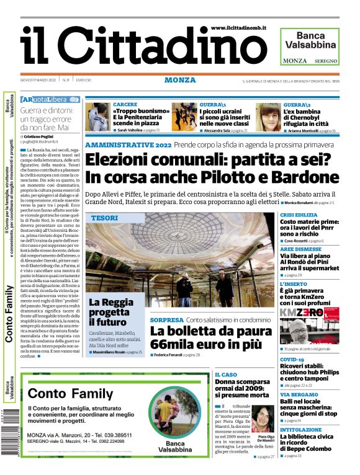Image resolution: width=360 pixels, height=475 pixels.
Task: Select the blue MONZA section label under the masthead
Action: (180, 80)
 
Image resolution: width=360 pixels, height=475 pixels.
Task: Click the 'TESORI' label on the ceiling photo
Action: (104, 218)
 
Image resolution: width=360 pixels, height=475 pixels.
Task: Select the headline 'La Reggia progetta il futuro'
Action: (110, 312)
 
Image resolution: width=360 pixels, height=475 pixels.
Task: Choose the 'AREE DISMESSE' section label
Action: (300, 248)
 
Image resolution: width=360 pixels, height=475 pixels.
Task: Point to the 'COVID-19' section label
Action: (292, 360)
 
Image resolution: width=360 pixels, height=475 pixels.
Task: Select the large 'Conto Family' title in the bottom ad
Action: (71, 393)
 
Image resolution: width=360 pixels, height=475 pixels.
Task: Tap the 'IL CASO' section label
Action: (226, 375)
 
